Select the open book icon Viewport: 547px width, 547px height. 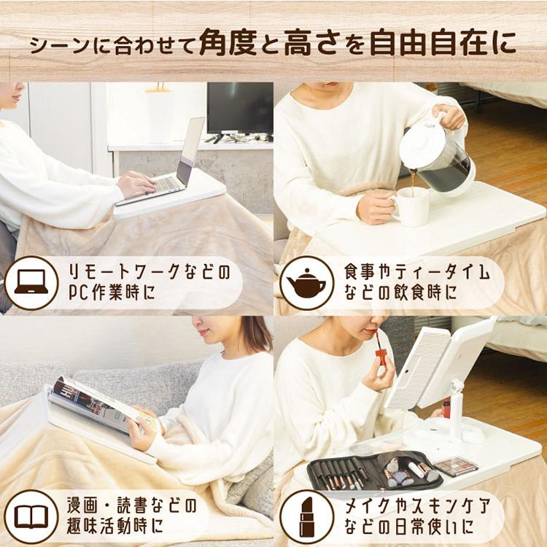pyautogui.click(x=31, y=516)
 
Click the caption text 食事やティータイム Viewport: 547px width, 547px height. pyautogui.click(x=414, y=273)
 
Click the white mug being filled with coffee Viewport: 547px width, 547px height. pyautogui.click(x=411, y=207)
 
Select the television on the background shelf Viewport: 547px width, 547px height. pyautogui.click(x=240, y=108)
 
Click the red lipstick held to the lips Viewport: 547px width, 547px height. pyautogui.click(x=380, y=357)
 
